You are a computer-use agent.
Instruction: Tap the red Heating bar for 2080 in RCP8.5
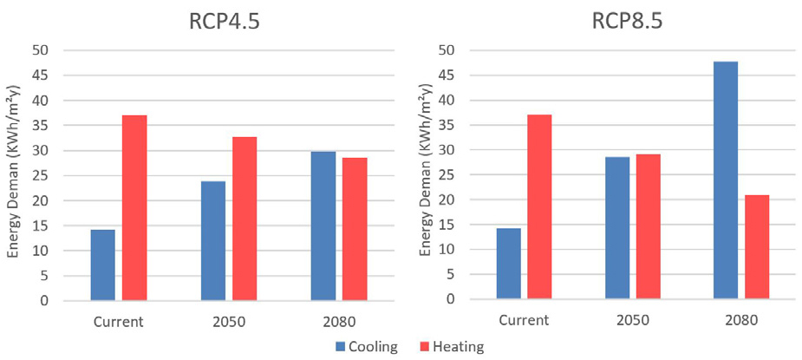[x=756, y=247]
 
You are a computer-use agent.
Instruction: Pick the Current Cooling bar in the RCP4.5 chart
[x=102, y=265]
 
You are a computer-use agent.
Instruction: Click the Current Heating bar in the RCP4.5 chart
[x=134, y=208]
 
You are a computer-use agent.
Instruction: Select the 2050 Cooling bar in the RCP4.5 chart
[x=213, y=241]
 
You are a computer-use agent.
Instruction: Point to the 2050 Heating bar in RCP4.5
[x=244, y=219]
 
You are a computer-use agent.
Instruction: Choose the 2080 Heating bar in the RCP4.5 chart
[x=355, y=229]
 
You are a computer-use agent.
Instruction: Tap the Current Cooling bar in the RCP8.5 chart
[x=508, y=264]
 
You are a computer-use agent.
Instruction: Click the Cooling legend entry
[x=367, y=347]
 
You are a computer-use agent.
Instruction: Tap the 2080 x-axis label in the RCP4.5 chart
[x=339, y=321]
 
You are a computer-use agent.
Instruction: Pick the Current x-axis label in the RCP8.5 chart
[x=524, y=320]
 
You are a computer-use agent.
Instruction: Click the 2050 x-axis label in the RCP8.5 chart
[x=632, y=320]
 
